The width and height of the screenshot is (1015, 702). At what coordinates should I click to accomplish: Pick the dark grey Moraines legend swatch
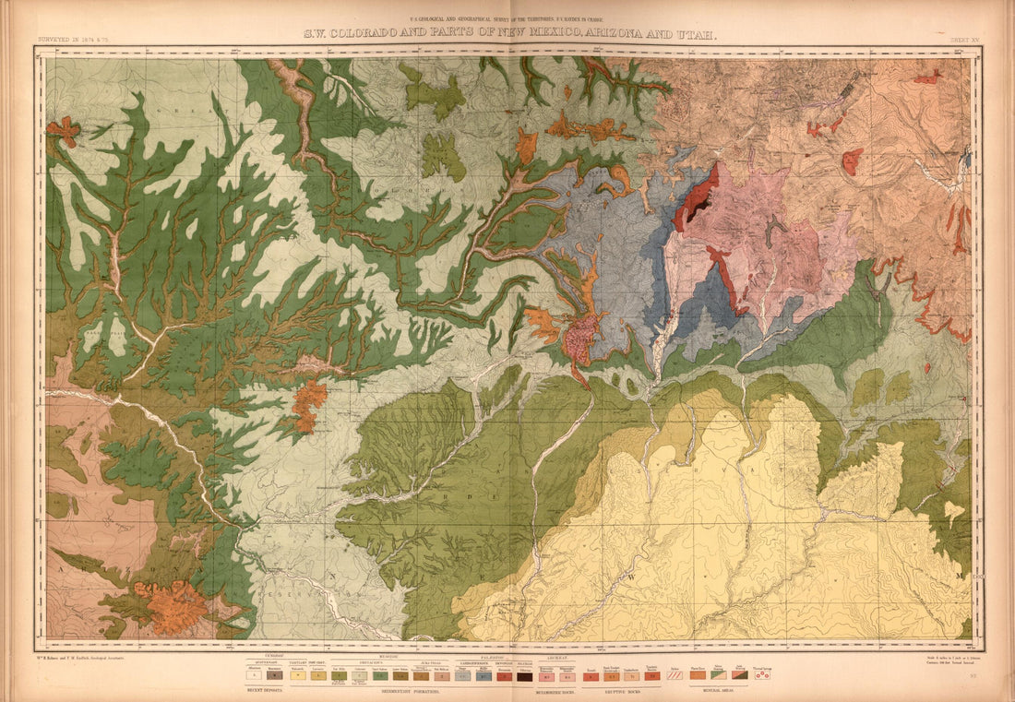point(275,675)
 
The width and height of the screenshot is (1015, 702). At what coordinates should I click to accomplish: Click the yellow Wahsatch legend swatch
point(297,675)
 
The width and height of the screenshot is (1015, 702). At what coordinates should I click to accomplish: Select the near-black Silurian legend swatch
point(524,675)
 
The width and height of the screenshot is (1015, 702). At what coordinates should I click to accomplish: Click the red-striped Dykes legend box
point(675,675)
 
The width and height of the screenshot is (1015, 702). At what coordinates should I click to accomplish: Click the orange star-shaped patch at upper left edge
point(64,132)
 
